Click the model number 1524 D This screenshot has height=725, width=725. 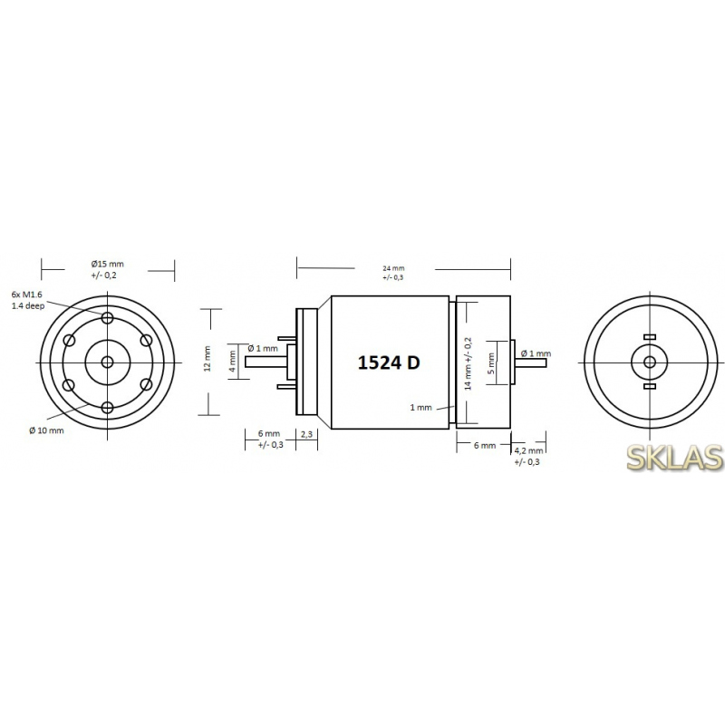tap(389, 363)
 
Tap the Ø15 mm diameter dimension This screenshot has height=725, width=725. tap(107, 265)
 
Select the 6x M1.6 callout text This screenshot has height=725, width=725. tap(27, 295)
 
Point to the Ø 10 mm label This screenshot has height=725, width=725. tap(46, 430)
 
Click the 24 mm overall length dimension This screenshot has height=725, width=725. tap(393, 268)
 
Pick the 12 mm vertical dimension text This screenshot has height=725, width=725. tap(208, 358)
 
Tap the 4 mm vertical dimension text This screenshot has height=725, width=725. tap(233, 361)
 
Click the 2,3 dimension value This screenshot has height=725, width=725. tap(306, 434)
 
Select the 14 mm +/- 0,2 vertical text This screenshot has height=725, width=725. tap(468, 363)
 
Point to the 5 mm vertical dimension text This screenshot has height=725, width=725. tap(491, 363)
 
